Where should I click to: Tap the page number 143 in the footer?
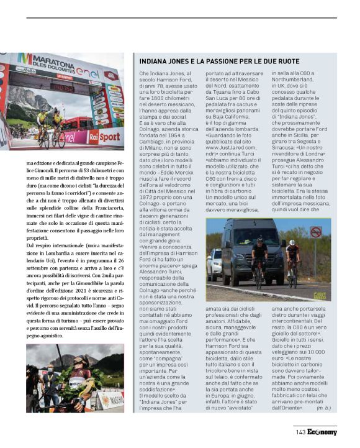tap(300, 432)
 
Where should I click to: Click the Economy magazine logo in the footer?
tap(322, 432)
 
